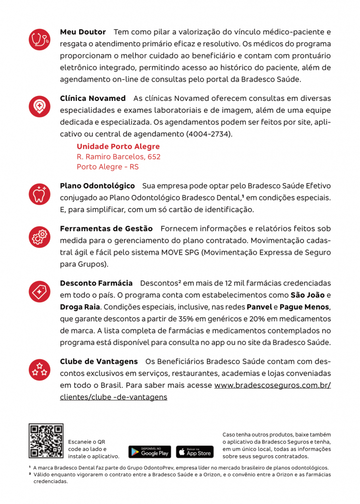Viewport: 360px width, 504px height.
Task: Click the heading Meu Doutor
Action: click(x=83, y=32)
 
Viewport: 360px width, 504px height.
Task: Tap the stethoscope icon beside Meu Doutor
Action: click(x=39, y=39)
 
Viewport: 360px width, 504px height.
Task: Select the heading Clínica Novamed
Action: click(x=92, y=98)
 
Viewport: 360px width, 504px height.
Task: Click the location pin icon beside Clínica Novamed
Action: click(x=39, y=106)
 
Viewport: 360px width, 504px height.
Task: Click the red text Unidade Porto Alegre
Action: click(x=118, y=147)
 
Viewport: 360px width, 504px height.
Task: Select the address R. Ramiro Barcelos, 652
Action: click(x=119, y=157)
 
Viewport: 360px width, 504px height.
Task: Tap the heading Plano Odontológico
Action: click(x=97, y=186)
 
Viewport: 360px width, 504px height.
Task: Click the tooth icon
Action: click(x=39, y=194)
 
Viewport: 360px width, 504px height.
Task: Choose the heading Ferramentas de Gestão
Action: click(x=106, y=229)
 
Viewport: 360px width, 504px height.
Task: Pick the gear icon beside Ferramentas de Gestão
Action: click(x=39, y=237)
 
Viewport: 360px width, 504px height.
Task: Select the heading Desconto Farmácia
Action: click(x=96, y=283)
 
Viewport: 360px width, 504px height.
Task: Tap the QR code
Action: click(x=46, y=441)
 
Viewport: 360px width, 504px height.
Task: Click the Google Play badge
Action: click(x=150, y=451)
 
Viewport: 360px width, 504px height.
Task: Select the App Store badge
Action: click(x=195, y=451)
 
